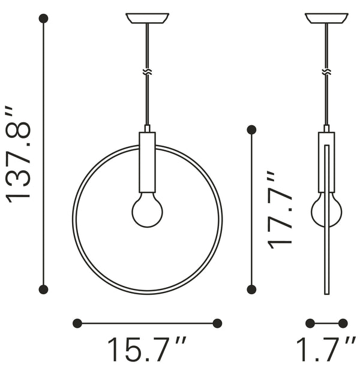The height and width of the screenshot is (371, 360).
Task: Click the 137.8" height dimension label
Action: [x=18, y=154]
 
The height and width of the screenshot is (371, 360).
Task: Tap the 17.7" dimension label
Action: [x=280, y=210]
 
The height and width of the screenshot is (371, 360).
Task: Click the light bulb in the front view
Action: [x=147, y=212]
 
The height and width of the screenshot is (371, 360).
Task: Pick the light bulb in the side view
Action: [x=326, y=211]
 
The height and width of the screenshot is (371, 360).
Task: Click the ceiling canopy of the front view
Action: [x=147, y=18]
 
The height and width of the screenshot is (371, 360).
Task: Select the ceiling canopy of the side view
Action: [x=326, y=18]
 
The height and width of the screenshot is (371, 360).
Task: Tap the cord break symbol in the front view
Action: [x=147, y=71]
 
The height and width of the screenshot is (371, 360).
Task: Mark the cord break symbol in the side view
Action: [x=326, y=71]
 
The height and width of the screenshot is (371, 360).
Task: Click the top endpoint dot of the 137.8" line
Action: [x=43, y=19]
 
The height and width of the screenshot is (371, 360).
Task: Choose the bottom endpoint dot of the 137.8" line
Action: [x=43, y=289]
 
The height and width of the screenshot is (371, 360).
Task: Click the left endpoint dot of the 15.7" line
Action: [x=77, y=323]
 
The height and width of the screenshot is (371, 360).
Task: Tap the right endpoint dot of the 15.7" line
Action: [x=217, y=323]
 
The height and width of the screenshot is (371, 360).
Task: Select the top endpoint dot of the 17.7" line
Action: [x=251, y=129]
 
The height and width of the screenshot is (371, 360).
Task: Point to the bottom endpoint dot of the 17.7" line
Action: [x=251, y=289]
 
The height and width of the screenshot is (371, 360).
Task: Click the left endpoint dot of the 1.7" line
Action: [x=310, y=323]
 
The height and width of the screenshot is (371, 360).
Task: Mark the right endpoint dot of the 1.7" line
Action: [x=343, y=323]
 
